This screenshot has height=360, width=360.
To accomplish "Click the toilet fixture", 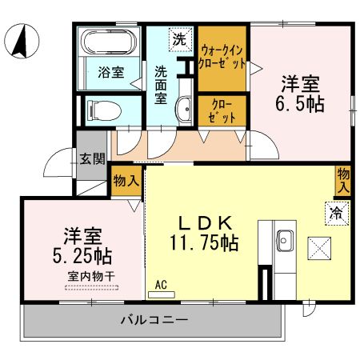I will pyautogui.click(x=101, y=108).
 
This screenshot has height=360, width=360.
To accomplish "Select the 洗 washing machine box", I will pyautogui.click(x=179, y=38).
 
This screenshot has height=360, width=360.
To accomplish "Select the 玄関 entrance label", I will pyautogui.click(x=90, y=158).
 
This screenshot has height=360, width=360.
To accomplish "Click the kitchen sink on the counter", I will pyautogui.click(x=286, y=239).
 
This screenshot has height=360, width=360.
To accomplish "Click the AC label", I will pyautogui.click(x=161, y=284).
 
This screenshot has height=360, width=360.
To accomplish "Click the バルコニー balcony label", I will pyautogui.click(x=154, y=321).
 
